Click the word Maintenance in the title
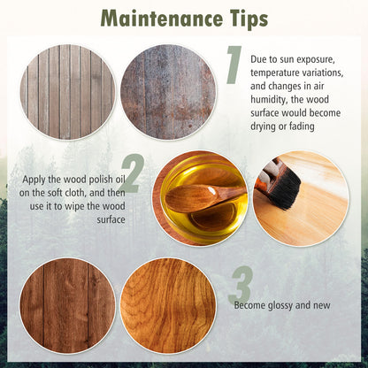(x=161, y=19)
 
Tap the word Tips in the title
(x=248, y=19)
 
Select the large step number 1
(x=234, y=65)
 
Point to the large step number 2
(x=132, y=173)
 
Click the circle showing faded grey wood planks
(x=67, y=92)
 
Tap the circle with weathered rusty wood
(x=168, y=92)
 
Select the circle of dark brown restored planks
(x=67, y=306)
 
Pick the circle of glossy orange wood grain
(x=168, y=306)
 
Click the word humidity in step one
(x=269, y=100)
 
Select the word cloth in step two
(x=76, y=193)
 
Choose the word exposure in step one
(x=316, y=60)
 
